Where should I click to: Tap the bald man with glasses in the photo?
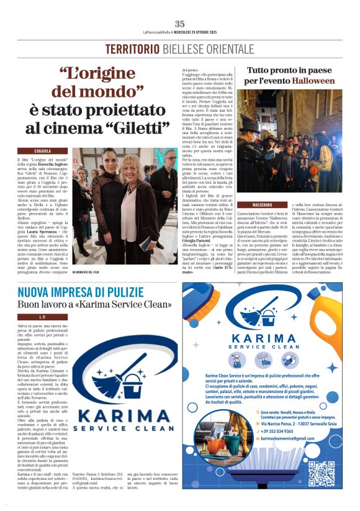[x=165, y=163]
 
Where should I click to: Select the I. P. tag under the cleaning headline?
[x=43, y=317]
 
